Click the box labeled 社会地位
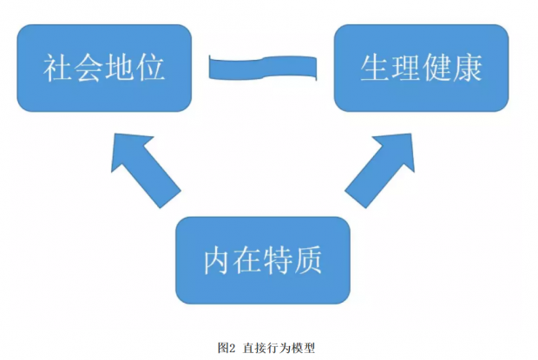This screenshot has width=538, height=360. point(104,68)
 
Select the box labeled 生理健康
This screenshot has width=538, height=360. point(421,68)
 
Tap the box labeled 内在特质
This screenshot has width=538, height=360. point(263,259)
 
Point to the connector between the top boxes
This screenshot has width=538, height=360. point(263,68)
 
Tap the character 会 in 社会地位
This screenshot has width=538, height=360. point(89,69)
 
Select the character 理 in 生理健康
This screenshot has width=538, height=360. point(405,69)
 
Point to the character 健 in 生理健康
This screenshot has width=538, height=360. point(436,69)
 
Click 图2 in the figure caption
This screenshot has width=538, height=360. point(227,347)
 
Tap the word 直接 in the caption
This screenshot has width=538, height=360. point(255,347)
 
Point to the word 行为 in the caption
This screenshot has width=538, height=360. point(279,347)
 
